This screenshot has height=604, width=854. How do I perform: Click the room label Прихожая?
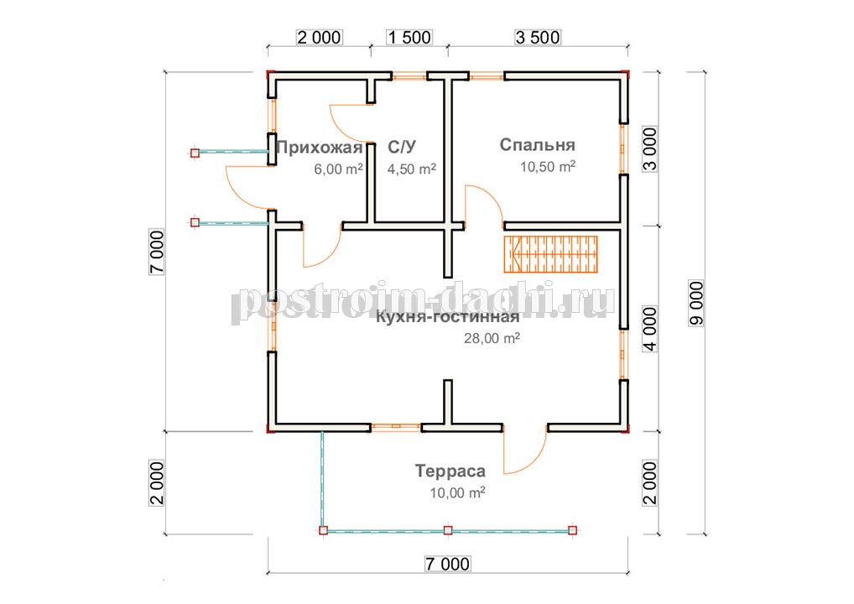(319, 148)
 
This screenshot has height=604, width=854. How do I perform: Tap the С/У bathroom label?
(402, 147)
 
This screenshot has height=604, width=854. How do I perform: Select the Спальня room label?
(537, 145)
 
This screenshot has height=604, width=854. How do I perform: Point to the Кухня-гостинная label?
(447, 317)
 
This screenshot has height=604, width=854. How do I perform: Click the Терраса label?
(450, 471)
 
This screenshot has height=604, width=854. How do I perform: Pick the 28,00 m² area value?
(492, 338)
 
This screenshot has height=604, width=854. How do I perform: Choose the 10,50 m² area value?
(548, 166)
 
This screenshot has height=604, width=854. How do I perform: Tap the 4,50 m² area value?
(411, 169)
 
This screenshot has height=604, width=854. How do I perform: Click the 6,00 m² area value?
(338, 169)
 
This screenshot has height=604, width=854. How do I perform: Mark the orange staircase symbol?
(550, 254)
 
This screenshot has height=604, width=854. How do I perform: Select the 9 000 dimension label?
(696, 304)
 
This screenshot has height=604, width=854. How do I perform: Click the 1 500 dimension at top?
(409, 37)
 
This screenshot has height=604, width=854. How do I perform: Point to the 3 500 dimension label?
(538, 37)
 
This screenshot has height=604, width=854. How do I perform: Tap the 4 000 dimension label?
(650, 329)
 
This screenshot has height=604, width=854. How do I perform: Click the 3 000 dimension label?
(650, 149)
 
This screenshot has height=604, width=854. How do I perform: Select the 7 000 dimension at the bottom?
(447, 564)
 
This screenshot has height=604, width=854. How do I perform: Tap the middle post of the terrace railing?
(448, 530)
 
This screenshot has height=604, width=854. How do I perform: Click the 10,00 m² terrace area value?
(457, 493)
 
